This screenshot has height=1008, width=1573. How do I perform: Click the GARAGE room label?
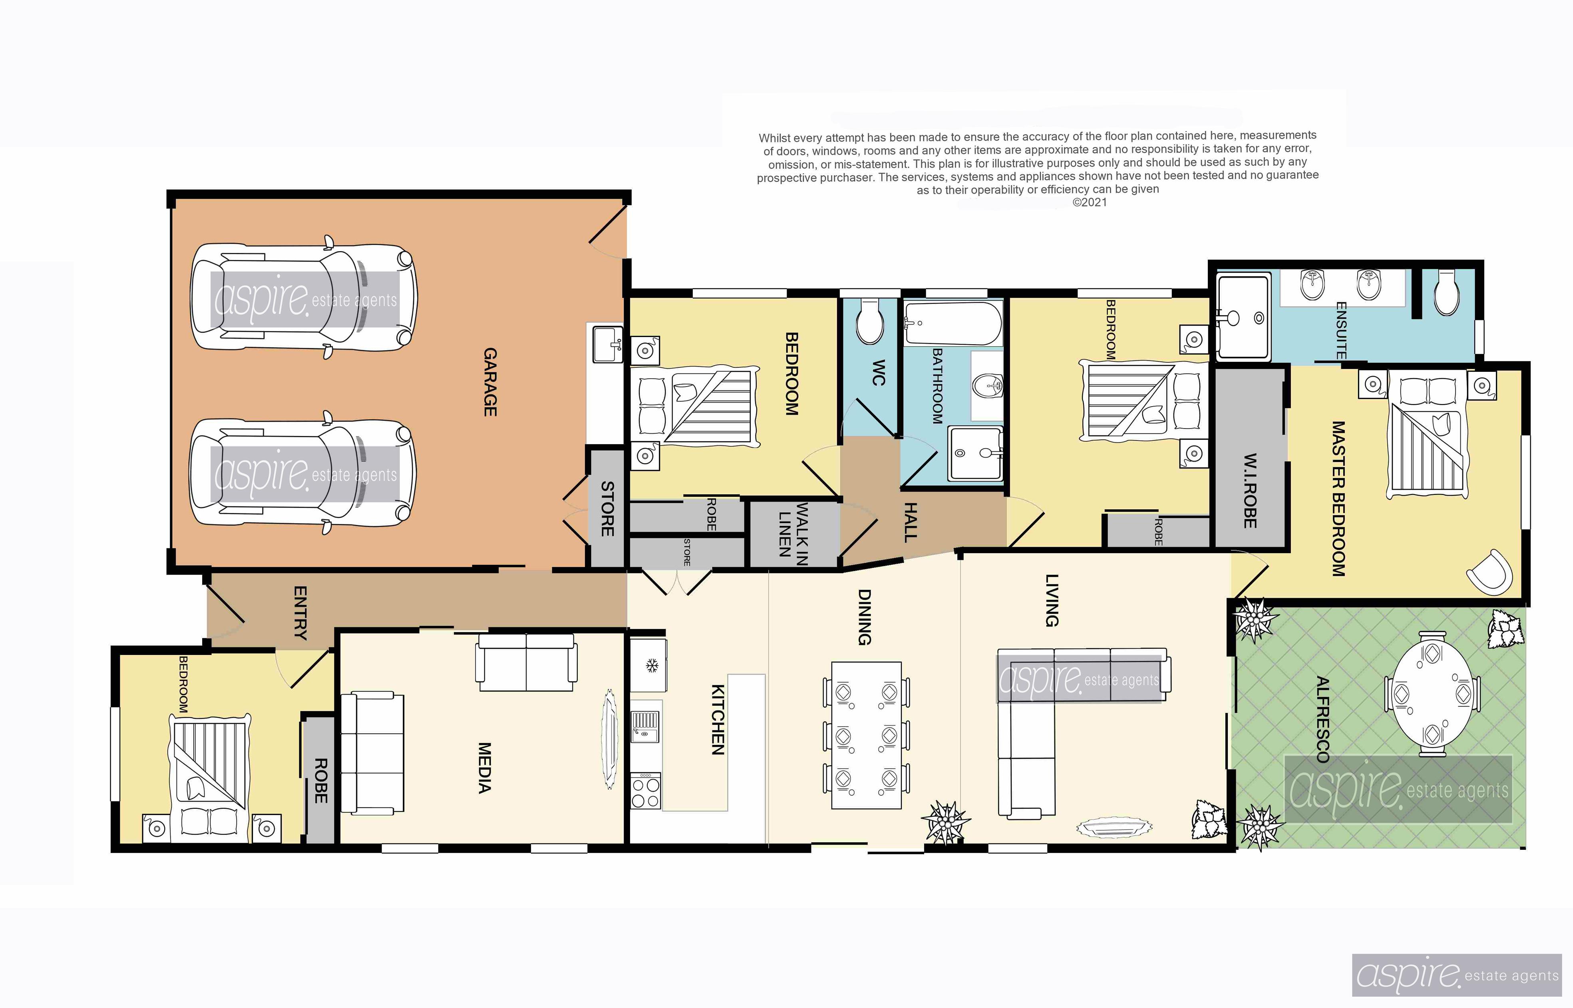pos(490,382)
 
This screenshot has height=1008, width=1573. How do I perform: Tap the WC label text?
pos(878,373)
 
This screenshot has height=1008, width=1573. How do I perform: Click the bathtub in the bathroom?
pos(953,323)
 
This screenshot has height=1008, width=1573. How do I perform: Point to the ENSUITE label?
pos(1340,331)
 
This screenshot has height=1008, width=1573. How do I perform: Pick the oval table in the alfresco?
pos(1432,694)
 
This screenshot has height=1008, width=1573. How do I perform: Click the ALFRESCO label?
pos(1322,720)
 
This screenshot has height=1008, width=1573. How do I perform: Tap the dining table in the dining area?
pos(866,736)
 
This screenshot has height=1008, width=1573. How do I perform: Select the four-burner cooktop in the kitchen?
pos(646,791)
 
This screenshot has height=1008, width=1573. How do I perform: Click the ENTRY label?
pos(300,613)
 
